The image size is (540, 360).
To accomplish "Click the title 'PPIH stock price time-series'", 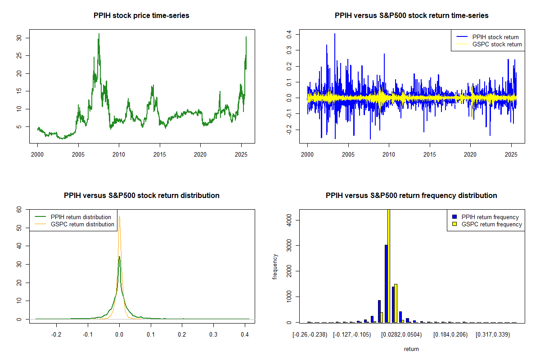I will click(x=141, y=16).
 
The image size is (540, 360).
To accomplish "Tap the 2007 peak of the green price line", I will click(x=99, y=34).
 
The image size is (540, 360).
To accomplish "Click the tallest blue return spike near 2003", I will click(x=334, y=34).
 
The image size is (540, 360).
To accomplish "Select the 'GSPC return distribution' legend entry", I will click(x=82, y=224).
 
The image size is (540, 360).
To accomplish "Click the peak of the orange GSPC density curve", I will click(x=119, y=218).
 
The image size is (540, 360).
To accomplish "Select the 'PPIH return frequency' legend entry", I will click(x=490, y=217).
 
